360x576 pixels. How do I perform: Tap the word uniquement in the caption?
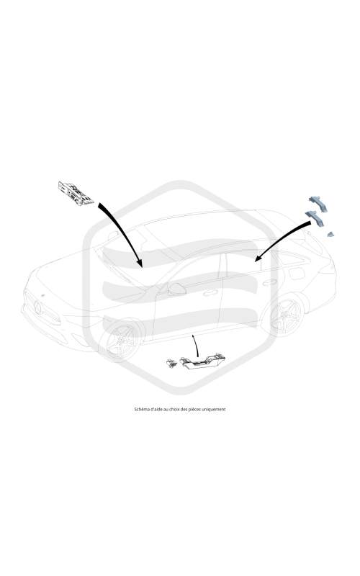(x=215, y=409)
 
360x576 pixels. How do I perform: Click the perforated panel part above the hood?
(x=76, y=193)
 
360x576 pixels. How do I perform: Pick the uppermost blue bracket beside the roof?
(x=318, y=203)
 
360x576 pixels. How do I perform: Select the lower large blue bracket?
(x=315, y=218)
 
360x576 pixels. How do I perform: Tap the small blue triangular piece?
(x=331, y=235)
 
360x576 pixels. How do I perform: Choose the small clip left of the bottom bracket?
(x=171, y=363)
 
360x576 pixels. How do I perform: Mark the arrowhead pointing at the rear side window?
(x=258, y=257)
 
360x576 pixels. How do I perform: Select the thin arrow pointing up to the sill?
(x=195, y=346)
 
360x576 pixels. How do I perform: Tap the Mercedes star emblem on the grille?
(x=37, y=307)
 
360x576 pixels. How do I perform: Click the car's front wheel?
(x=121, y=341)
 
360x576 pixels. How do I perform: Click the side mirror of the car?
(x=177, y=289)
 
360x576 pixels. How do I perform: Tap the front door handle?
(x=210, y=293)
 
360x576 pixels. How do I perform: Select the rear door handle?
(x=268, y=282)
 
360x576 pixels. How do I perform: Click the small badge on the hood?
(x=43, y=295)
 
